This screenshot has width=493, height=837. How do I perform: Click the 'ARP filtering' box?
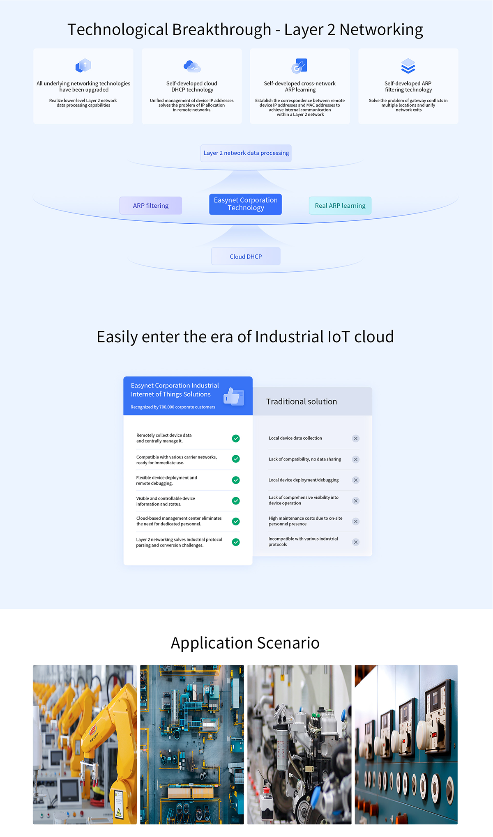(151, 206)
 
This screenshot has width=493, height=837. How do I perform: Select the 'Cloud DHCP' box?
(246, 257)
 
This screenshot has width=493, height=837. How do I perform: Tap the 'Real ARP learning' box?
(340, 206)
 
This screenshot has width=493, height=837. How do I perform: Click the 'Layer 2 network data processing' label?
(246, 153)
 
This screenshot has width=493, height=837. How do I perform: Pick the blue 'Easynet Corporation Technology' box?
(246, 204)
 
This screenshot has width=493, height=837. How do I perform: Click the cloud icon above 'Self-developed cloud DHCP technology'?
(192, 66)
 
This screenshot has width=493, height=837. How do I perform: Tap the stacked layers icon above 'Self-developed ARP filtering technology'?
(408, 66)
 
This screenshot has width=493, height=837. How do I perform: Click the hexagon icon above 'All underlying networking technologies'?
(83, 65)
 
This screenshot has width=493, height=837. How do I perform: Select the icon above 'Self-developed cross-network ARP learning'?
(299, 66)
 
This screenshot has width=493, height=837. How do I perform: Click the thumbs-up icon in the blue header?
(234, 397)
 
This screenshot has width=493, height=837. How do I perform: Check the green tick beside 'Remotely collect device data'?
(236, 438)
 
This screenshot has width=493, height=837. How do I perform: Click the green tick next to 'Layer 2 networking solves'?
(236, 542)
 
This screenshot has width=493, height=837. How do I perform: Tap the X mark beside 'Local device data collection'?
(356, 438)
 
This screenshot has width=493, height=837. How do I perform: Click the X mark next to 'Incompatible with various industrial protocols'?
(356, 542)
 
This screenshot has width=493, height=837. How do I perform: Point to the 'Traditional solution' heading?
(301, 402)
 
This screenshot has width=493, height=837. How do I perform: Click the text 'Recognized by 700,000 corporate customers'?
(173, 407)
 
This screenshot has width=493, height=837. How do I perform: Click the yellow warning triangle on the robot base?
(119, 812)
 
